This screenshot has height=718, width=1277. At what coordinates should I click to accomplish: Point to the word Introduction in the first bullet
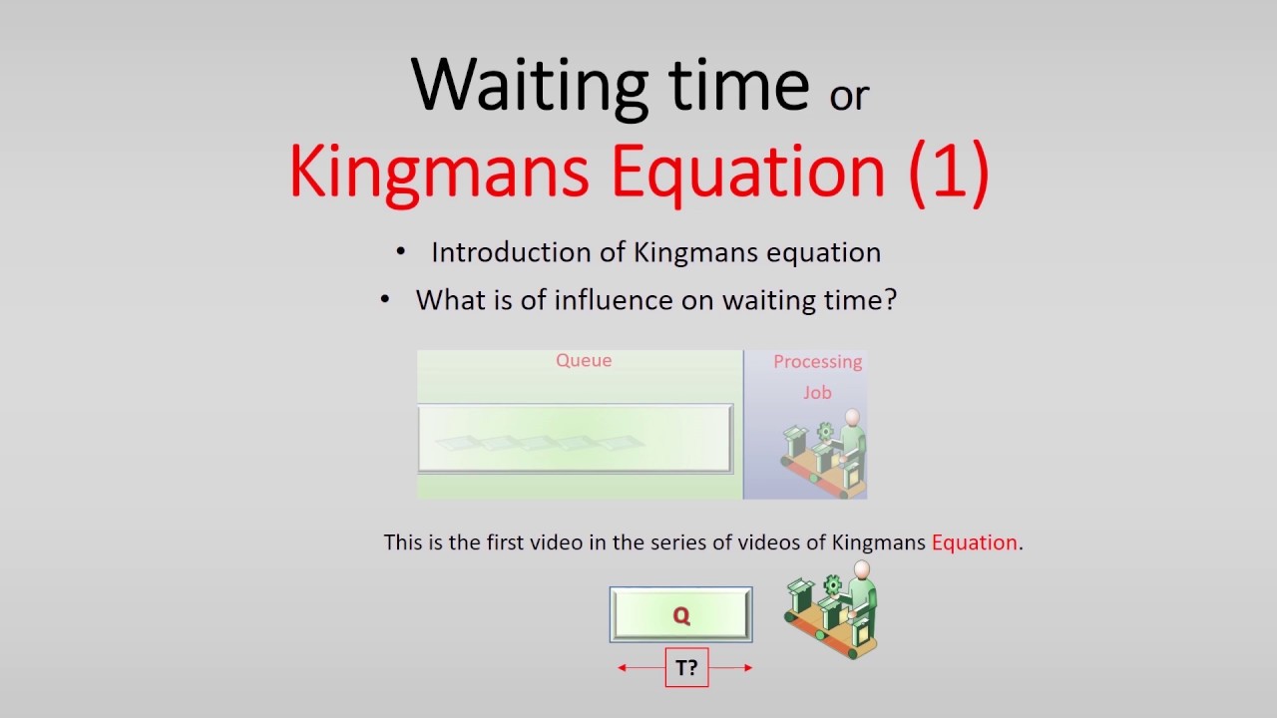[x=512, y=253]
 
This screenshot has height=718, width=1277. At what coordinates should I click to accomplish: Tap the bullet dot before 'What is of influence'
[x=386, y=300]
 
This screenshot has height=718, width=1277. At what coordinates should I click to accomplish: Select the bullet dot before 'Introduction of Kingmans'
[x=401, y=253]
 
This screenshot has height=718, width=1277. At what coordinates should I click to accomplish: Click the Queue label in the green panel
[x=584, y=361]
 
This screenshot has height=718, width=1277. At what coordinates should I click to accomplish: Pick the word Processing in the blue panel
[x=817, y=362]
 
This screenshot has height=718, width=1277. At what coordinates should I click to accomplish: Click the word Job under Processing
[x=817, y=392]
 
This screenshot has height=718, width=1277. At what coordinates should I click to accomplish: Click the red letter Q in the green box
[x=681, y=615]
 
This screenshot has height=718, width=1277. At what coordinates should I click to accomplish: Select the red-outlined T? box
[x=686, y=668]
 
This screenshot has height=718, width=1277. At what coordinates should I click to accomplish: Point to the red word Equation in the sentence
[x=974, y=543]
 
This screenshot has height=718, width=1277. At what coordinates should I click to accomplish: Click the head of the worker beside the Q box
[x=861, y=570]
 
